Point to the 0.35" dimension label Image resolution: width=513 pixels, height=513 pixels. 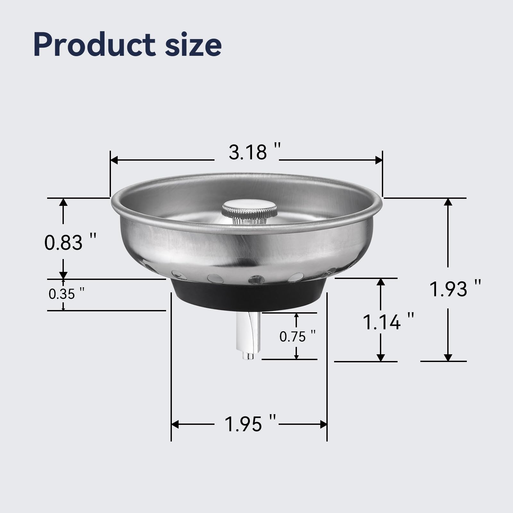coord(67,294)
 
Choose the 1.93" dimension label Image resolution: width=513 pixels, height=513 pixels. coord(455,289)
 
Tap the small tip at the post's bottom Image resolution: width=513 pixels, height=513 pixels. coord(248,356)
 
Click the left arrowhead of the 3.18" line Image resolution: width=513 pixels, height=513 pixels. coord(114,160)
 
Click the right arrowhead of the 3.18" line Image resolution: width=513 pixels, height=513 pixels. coord(379,160)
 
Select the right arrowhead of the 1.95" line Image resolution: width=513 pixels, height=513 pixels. coord(324,425)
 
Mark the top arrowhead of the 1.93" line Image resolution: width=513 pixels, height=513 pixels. coord(448,202)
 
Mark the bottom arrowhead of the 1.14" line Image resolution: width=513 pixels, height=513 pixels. coord(381,357)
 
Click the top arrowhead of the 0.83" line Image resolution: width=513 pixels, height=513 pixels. coord(63,202)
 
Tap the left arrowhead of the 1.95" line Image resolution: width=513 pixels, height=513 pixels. coord(175,425)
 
